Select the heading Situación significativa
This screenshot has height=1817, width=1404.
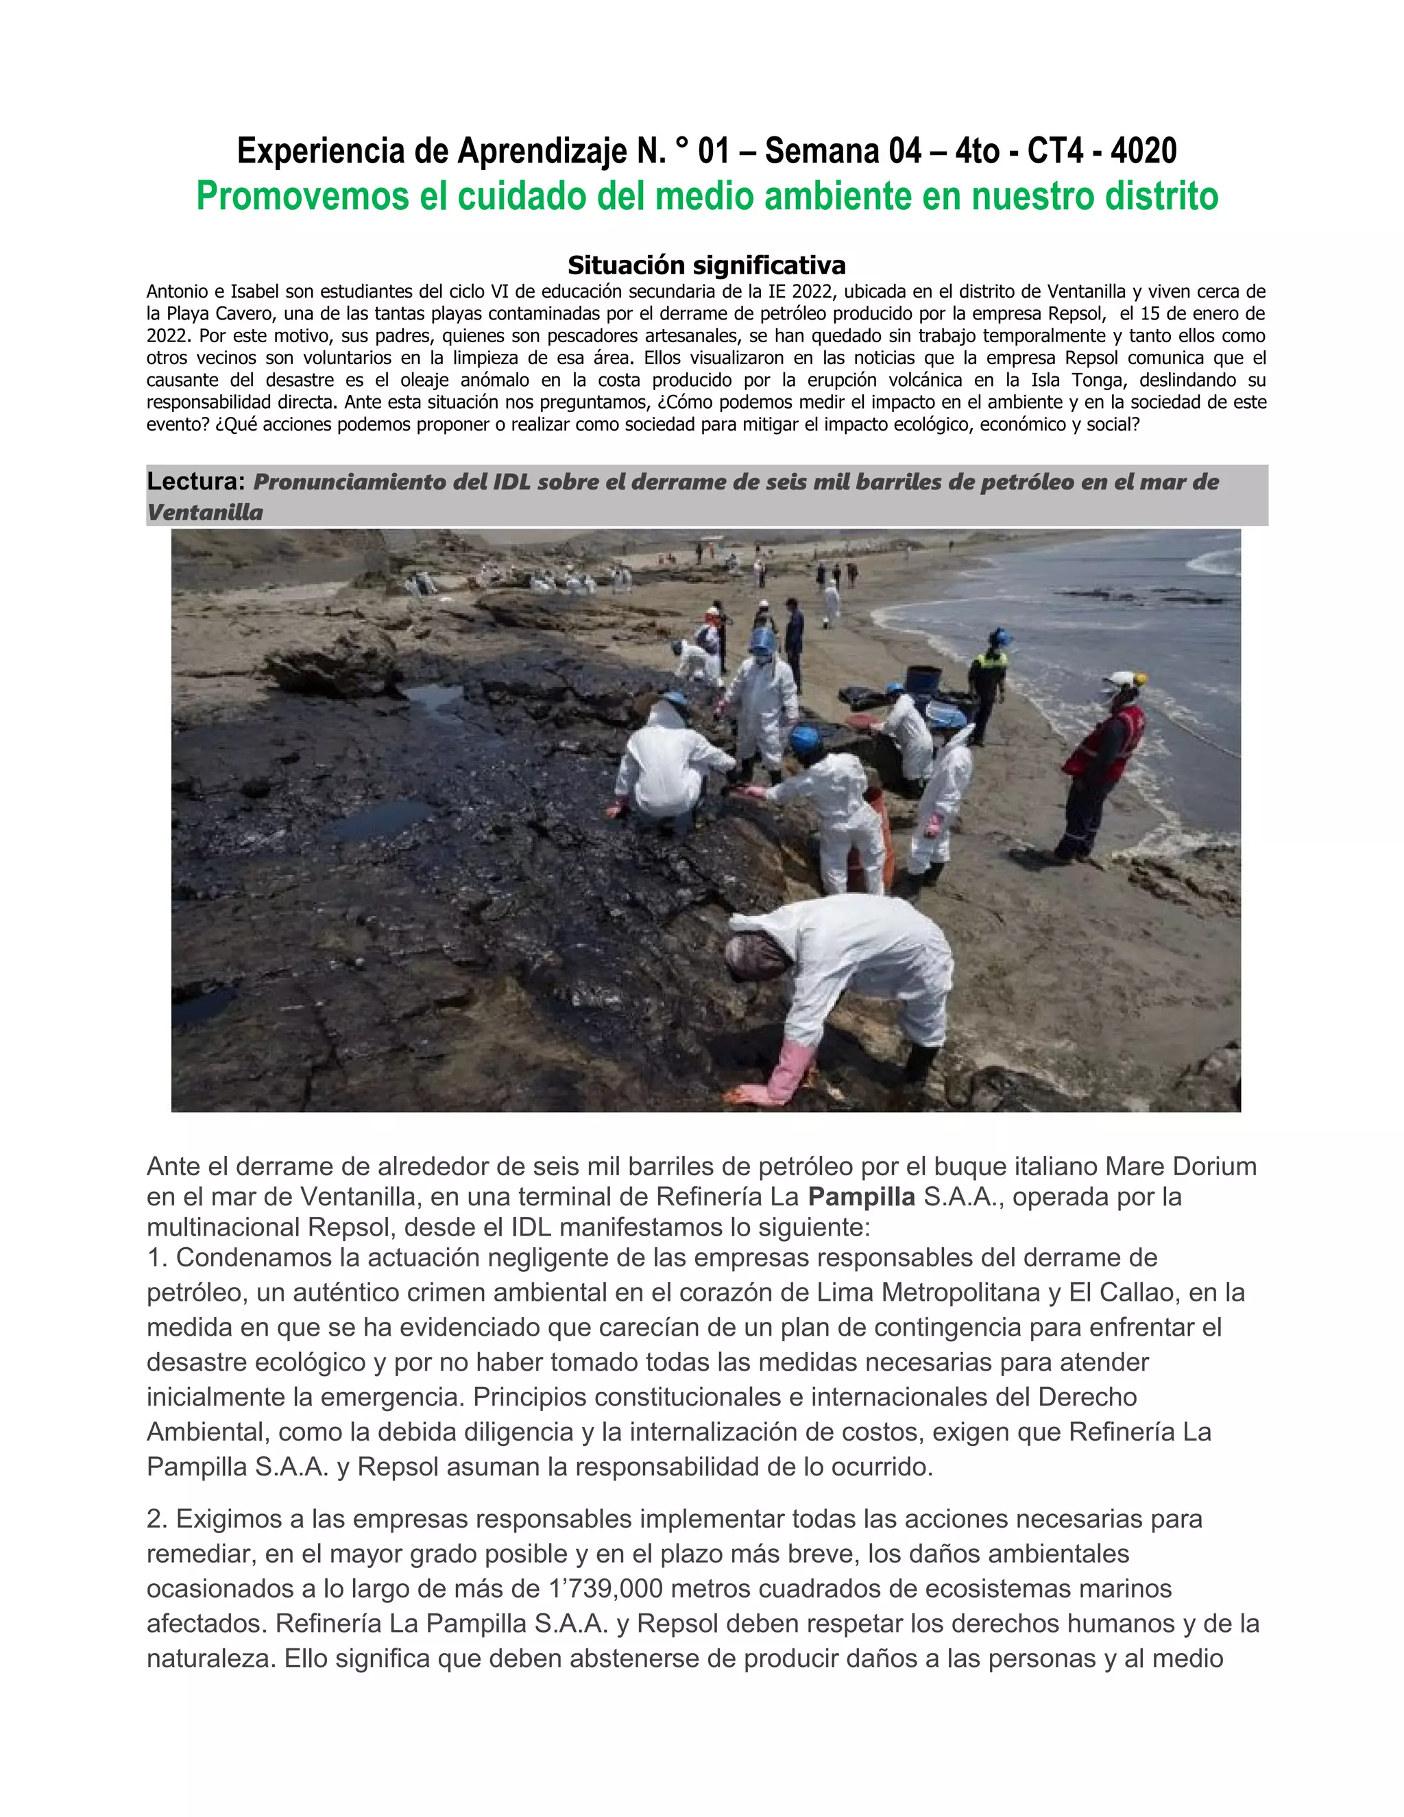pyautogui.click(x=706, y=265)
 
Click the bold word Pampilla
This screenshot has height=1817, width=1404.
pyautogui.click(x=861, y=1196)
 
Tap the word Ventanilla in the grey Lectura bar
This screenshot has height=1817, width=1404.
pyautogui.click(x=204, y=512)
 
